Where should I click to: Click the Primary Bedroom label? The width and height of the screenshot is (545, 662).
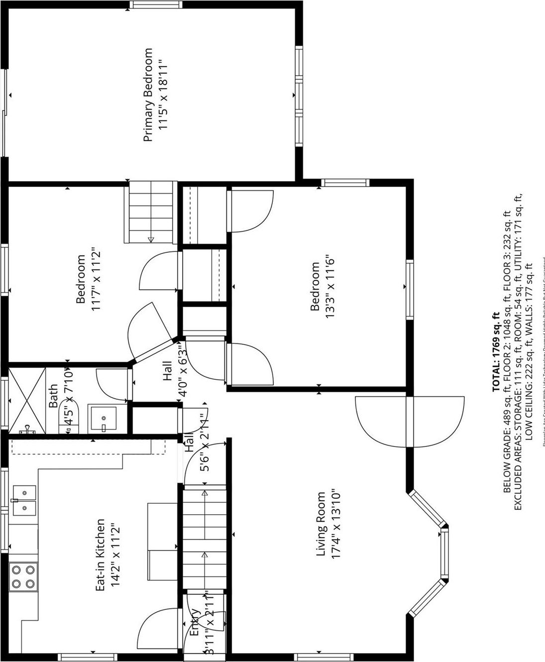pyautogui.click(x=148, y=95)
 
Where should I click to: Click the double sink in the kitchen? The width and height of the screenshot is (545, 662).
pyautogui.click(x=24, y=501)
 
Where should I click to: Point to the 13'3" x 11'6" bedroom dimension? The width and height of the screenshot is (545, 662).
pyautogui.click(x=329, y=287)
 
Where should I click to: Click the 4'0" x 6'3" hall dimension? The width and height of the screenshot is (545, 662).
pyautogui.click(x=182, y=371)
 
